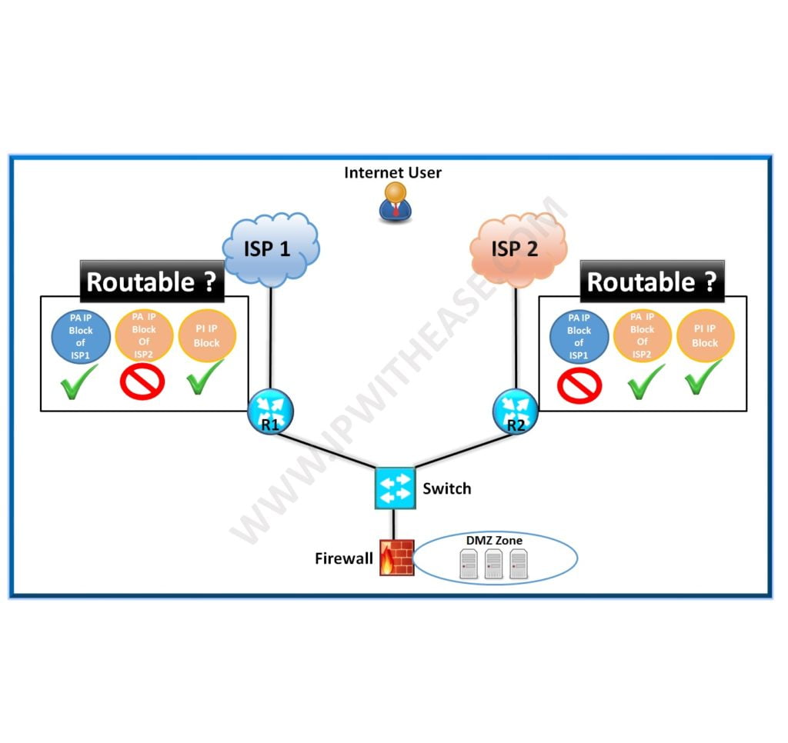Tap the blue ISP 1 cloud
coord(270,248)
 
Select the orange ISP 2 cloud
coord(518,248)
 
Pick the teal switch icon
coord(394,488)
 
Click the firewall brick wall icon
coord(396,557)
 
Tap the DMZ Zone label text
coord(493,541)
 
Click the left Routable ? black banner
coord(151,282)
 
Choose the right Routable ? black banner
coord(652,282)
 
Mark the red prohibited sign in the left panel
coord(143,380)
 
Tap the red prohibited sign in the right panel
coord(578,384)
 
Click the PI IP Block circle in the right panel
coord(705,336)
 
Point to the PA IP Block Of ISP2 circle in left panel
coord(143,335)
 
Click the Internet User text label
coord(392,172)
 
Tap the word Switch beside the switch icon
coord(446,488)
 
